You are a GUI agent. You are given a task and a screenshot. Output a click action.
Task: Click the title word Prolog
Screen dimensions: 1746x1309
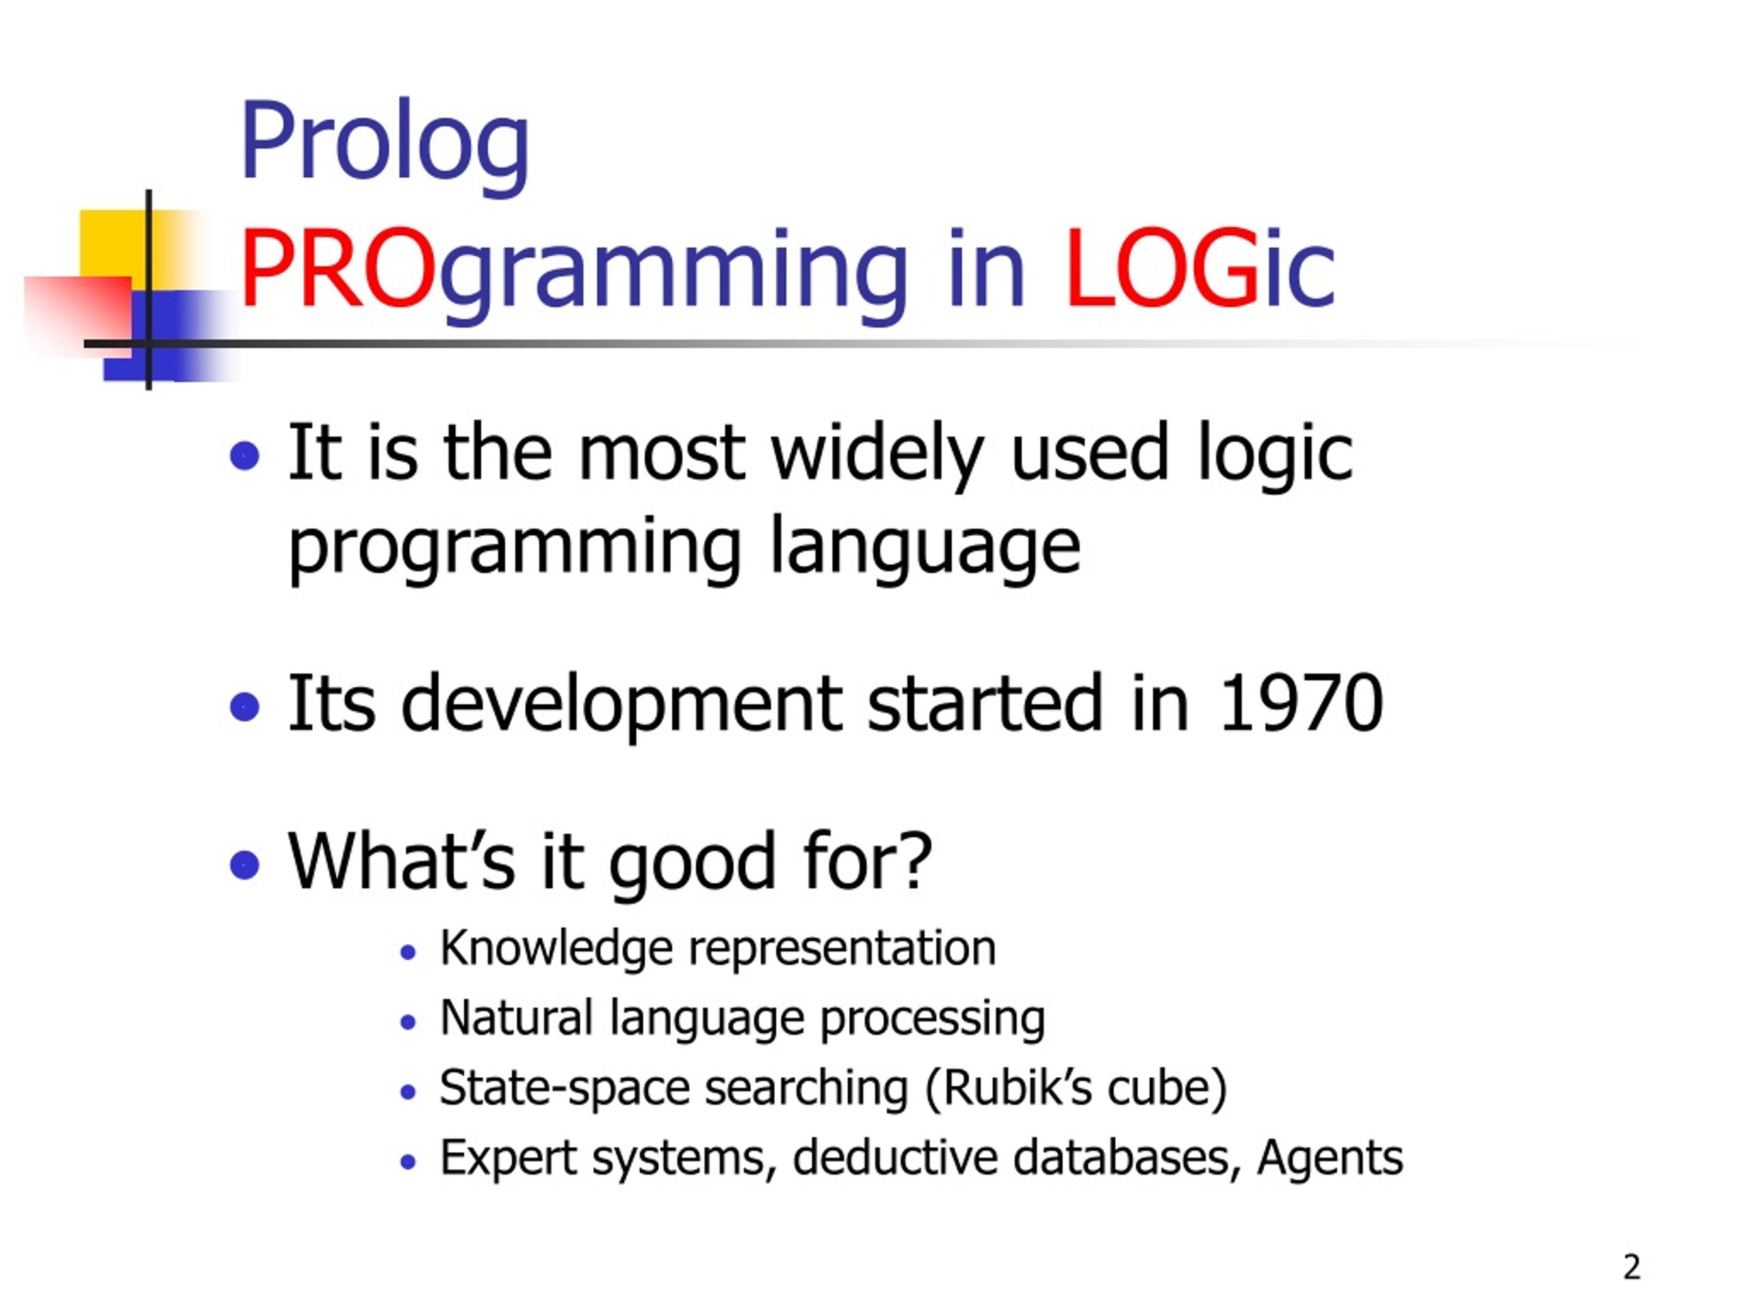pos(385,146)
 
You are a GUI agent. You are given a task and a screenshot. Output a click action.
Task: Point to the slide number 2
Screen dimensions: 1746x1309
pos(1631,1267)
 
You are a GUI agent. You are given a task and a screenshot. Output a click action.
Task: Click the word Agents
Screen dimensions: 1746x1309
pos(1330,1159)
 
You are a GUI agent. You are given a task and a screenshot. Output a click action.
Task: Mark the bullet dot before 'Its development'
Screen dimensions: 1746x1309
pos(245,707)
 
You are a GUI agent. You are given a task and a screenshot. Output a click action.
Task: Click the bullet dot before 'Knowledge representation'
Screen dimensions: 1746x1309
pos(407,952)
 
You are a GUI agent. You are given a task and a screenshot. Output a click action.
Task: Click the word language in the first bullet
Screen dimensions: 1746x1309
pos(925,548)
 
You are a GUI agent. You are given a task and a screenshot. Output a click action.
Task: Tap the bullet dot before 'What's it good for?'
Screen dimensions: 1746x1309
pos(245,864)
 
